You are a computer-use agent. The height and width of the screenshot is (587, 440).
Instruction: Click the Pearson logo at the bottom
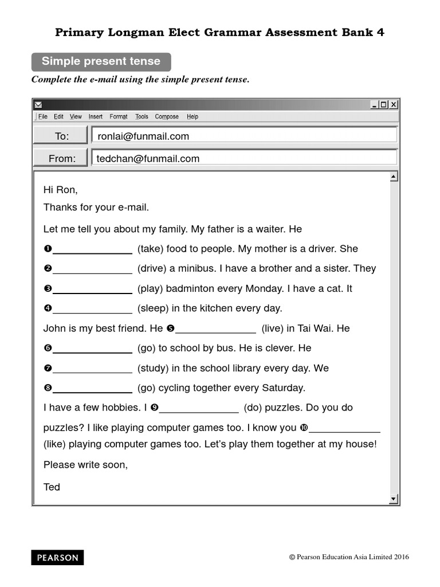pyautogui.click(x=57, y=558)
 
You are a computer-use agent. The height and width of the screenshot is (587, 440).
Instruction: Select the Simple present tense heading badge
pyautogui.click(x=101, y=61)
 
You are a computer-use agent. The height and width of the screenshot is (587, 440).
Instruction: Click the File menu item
pyautogui.click(x=43, y=116)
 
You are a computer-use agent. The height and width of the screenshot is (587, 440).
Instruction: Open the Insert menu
pyautogui.click(x=96, y=116)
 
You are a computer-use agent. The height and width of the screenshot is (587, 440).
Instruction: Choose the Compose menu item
pyautogui.click(x=167, y=116)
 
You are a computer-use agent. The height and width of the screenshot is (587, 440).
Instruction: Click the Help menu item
pyautogui.click(x=192, y=116)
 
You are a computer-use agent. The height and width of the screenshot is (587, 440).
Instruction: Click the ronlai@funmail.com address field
pyautogui.click(x=243, y=136)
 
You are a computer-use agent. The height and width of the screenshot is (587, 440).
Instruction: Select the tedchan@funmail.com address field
pyautogui.click(x=243, y=158)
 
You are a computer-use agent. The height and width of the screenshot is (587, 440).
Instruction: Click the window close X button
pyautogui.click(x=394, y=104)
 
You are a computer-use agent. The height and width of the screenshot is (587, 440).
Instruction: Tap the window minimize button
pyautogui.click(x=374, y=104)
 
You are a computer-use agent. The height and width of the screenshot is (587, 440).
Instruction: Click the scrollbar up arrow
pyautogui.click(x=394, y=177)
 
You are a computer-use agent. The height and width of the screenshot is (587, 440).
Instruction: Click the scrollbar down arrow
pyautogui.click(x=394, y=499)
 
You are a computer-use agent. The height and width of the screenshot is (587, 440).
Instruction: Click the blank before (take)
pyautogui.click(x=92, y=249)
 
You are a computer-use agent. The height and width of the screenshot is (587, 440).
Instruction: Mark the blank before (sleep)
pyautogui.click(x=92, y=309)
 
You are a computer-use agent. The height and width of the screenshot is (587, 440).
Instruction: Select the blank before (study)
pyautogui.click(x=92, y=369)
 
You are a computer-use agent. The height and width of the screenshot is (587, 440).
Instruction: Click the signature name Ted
pyautogui.click(x=52, y=487)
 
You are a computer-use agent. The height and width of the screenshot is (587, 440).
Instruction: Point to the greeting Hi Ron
pyautogui.click(x=60, y=190)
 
